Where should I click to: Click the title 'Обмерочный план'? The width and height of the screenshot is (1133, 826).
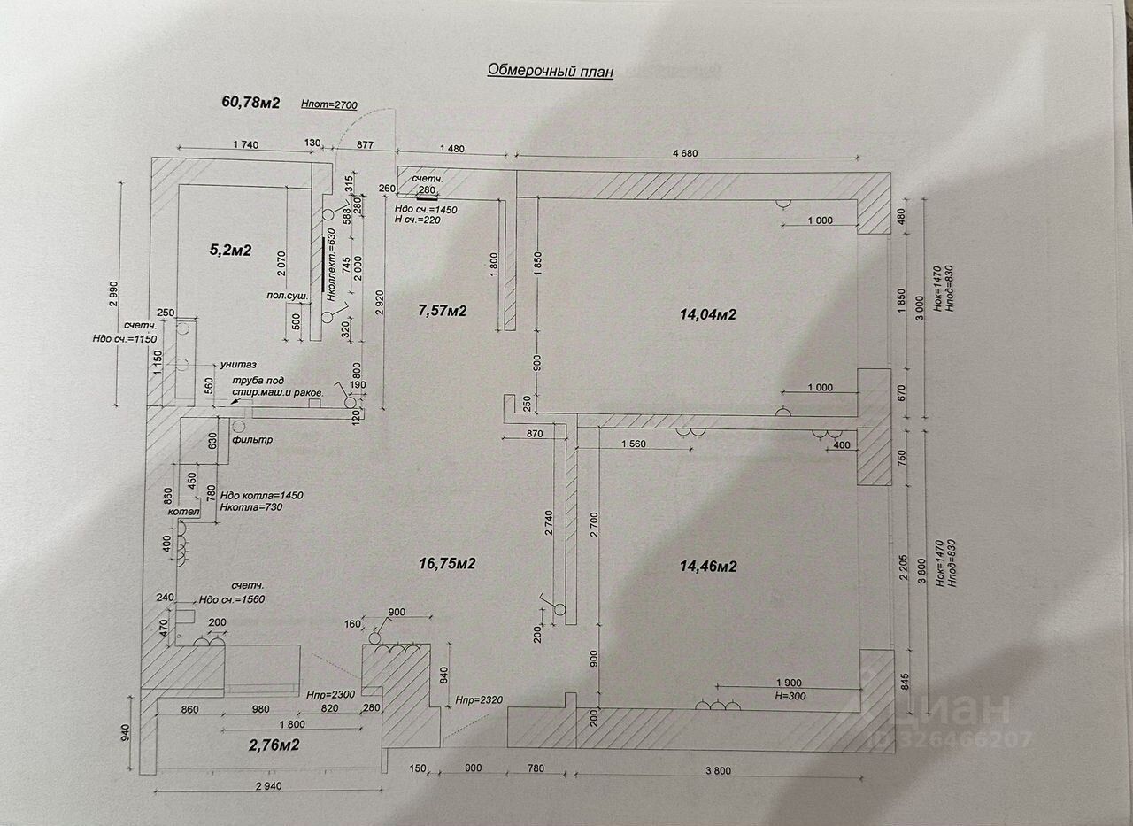point(550,72)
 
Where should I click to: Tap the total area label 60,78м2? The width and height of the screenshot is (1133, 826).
point(250,104)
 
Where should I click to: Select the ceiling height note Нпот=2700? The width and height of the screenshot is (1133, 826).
point(328,105)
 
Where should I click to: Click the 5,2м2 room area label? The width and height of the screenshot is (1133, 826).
point(229,250)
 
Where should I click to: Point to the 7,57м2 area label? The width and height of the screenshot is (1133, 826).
point(442,310)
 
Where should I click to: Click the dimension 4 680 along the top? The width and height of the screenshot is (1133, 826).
point(685,152)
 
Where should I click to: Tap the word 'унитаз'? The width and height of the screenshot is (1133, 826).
point(238,365)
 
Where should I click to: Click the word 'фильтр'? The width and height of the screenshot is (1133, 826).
point(253,439)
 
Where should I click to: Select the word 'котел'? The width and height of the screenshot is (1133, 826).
point(182,511)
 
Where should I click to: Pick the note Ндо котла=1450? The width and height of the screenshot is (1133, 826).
point(261,495)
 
